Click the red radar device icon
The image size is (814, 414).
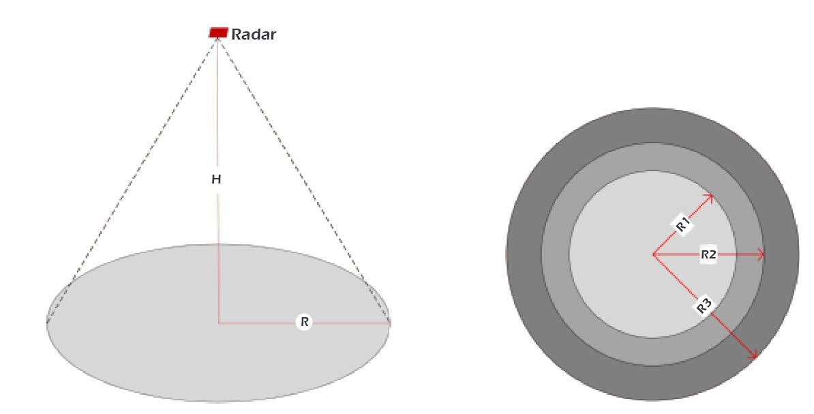pyautogui.click(x=218, y=32)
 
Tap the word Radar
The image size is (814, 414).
pyautogui.click(x=254, y=34)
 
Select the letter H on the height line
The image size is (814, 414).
pyautogui.click(x=216, y=180)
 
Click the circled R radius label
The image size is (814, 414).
pyautogui.click(x=304, y=322)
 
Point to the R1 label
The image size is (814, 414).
pyautogui.click(x=682, y=224)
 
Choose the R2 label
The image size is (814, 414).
pyautogui.click(x=708, y=254)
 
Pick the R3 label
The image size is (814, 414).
pyautogui.click(x=704, y=306)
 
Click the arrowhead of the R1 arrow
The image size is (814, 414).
pyautogui.click(x=710, y=197)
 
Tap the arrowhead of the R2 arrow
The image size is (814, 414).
pyautogui.click(x=761, y=254)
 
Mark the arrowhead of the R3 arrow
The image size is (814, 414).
pyautogui.click(x=753, y=355)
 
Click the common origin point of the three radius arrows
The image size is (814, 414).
pyautogui.click(x=653, y=254)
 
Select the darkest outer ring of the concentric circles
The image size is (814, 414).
pyautogui.click(x=524, y=254)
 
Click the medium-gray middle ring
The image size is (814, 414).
pyautogui.click(x=556, y=254)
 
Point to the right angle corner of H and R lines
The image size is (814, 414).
pyautogui.click(x=219, y=323)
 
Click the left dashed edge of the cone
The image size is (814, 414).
pyautogui.click(x=132, y=180)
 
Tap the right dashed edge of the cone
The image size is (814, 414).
pyautogui.click(x=304, y=180)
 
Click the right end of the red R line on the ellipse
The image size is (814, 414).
pyautogui.click(x=390, y=323)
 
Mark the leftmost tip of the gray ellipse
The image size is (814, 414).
pyautogui.click(x=47, y=323)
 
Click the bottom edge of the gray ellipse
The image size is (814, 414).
pyautogui.click(x=219, y=401)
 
